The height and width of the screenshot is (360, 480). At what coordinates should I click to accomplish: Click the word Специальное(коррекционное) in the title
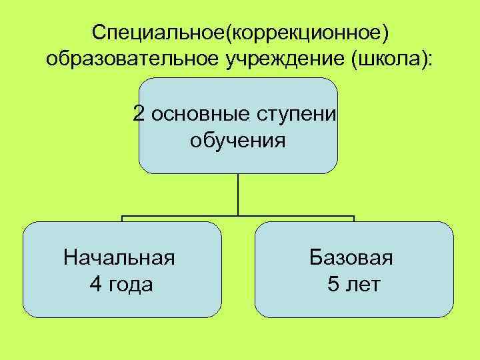coord(240,31)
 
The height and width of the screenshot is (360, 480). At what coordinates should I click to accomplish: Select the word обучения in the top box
coord(238,141)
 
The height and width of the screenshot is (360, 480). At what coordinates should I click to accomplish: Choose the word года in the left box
coord(131,285)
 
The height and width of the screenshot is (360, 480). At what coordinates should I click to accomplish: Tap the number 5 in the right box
coord(333,285)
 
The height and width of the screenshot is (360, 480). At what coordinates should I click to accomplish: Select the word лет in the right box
coord(364,285)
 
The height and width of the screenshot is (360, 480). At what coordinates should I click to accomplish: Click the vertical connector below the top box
coord(238,195)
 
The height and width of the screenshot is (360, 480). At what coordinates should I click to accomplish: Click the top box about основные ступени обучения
coord(238,160)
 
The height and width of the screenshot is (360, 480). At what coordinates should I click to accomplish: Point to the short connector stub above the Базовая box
coord(354,219)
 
